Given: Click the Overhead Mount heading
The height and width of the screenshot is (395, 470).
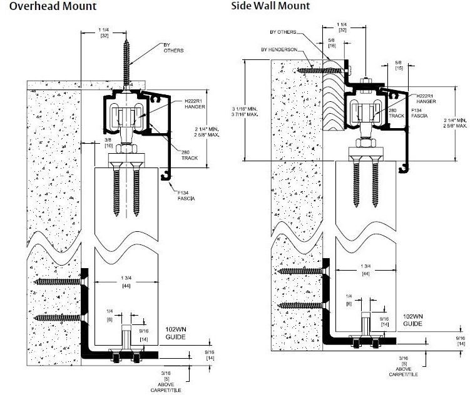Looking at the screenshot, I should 48,6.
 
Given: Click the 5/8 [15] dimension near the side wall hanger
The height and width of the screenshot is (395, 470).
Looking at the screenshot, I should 399,65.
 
